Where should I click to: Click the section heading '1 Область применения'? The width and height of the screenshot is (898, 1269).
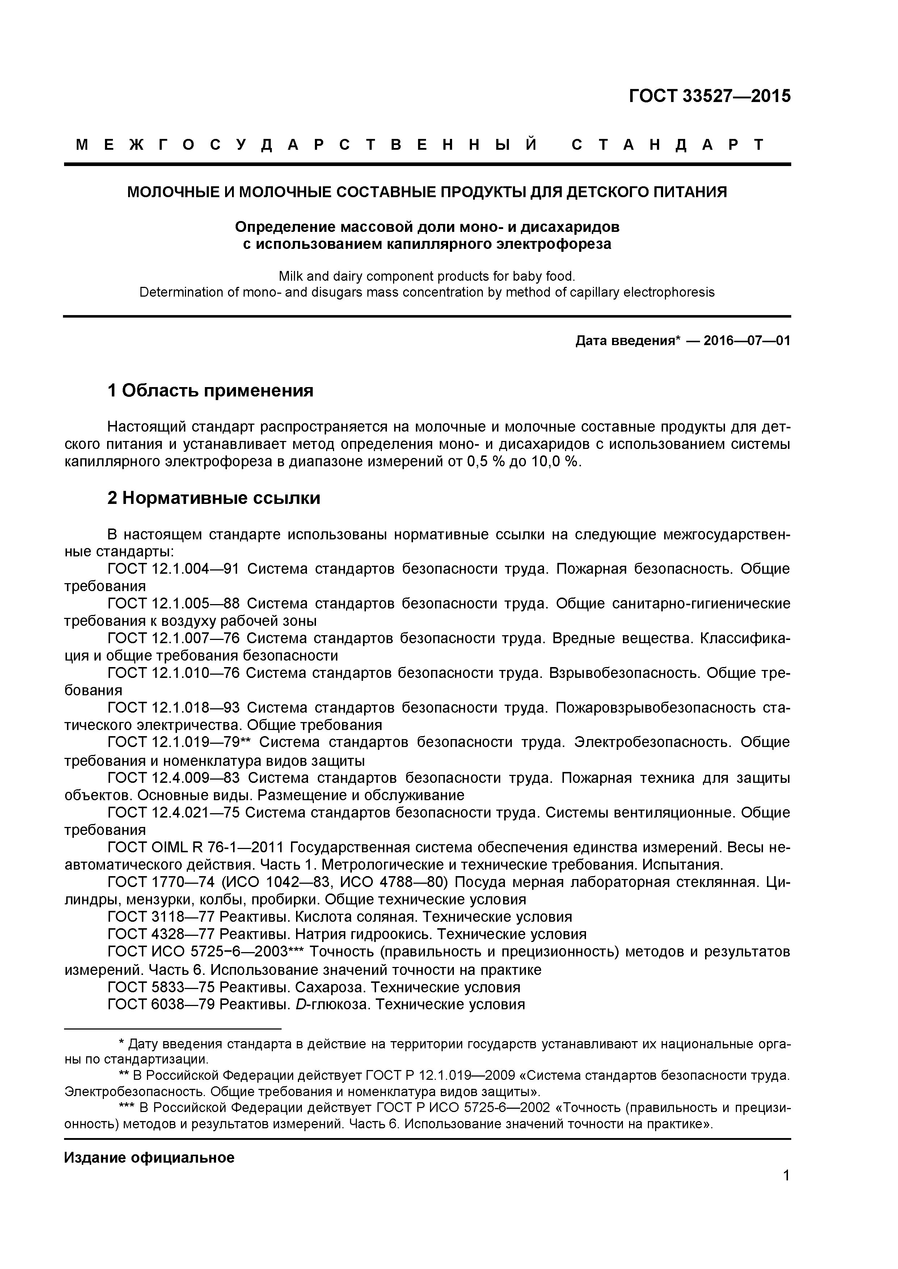210,391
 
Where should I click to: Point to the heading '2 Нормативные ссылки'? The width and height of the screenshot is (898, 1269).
214,498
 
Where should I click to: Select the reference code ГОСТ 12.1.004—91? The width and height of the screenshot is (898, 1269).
173,569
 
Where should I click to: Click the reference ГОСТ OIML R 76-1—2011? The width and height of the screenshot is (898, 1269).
195,847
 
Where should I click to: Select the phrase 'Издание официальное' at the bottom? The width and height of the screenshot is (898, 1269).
149,1158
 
